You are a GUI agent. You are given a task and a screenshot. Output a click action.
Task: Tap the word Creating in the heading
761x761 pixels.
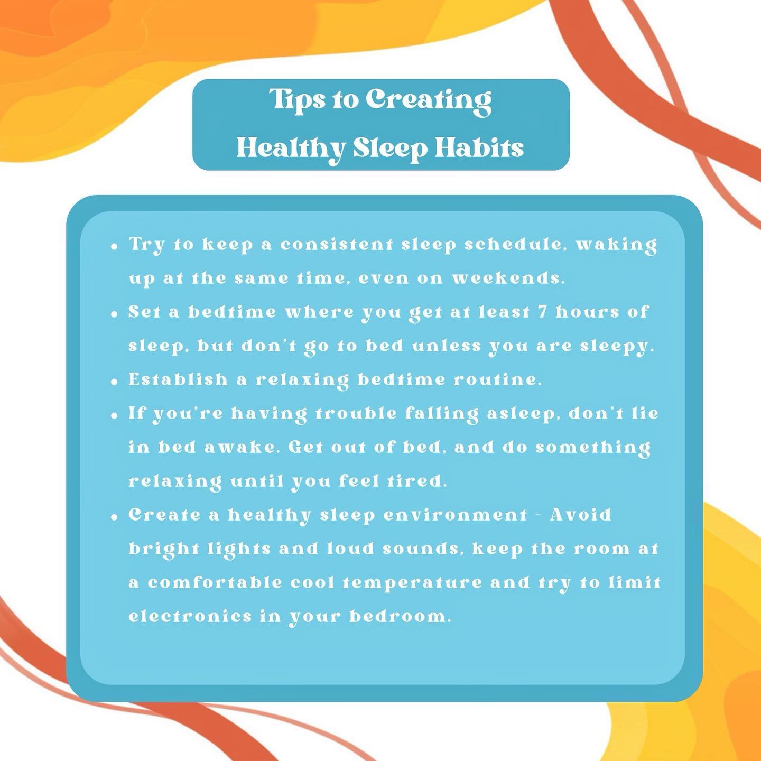(429, 101)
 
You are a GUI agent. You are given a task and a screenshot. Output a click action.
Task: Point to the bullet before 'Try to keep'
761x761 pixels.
(115, 247)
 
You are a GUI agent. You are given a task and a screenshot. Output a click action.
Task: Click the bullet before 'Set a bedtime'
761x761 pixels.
(115, 314)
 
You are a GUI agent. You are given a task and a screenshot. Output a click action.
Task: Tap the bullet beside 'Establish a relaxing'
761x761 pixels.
(115, 382)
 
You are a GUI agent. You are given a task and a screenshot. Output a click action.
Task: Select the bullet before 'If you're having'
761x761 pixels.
(115, 416)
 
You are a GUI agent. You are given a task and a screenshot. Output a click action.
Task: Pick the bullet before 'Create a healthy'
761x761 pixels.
(115, 517)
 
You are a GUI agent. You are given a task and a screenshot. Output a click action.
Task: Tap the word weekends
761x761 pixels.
(508, 278)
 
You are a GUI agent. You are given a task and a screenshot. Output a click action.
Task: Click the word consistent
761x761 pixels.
(337, 245)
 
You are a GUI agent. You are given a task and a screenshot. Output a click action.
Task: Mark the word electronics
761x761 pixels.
(190, 616)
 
